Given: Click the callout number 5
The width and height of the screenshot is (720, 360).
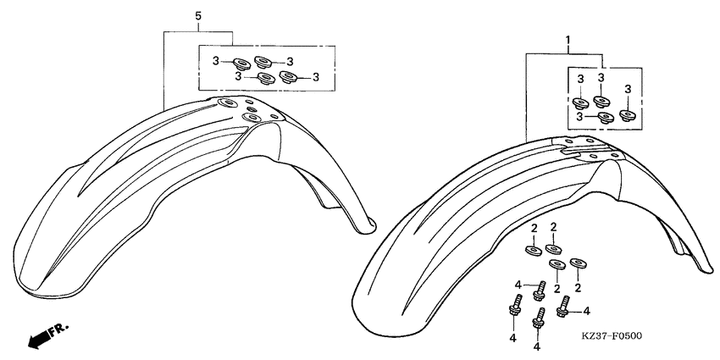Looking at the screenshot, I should coord(197,16).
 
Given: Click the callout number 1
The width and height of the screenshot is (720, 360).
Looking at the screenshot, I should coord(568,40).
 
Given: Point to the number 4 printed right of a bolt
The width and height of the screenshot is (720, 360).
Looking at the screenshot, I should coord(585,312).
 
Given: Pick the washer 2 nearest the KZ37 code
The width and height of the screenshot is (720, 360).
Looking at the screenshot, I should coord(579,263).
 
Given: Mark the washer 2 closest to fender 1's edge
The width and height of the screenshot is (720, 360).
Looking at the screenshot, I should coord(532,249).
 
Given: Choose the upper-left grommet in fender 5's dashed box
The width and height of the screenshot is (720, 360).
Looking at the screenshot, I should coord(241,62).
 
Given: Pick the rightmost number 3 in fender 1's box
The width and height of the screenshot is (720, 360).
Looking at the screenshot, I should coord(628,89).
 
